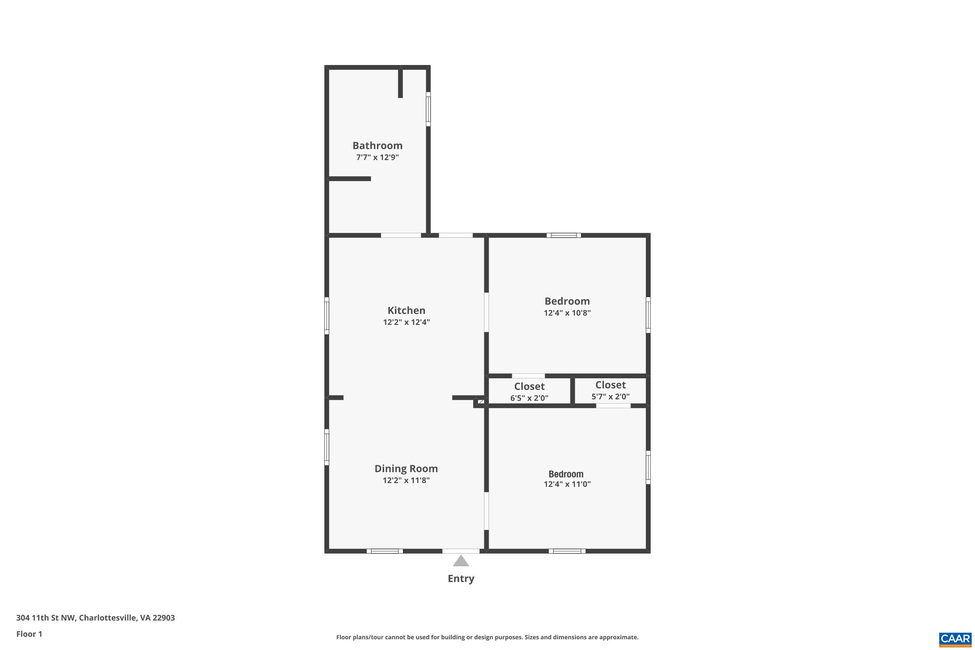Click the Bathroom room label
[x=377, y=146]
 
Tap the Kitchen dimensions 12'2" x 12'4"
[x=406, y=322]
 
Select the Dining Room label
[x=406, y=468]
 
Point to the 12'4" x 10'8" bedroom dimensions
[x=567, y=313]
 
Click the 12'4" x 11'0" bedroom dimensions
[x=567, y=484]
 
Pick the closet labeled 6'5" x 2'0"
[x=529, y=392]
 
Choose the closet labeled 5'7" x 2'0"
[x=610, y=390]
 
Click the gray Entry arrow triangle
[x=461, y=562]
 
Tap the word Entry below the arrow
[x=461, y=579]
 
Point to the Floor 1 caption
[x=29, y=634]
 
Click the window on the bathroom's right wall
[x=428, y=109]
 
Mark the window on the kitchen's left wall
[x=327, y=316]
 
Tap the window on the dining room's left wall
[x=327, y=447]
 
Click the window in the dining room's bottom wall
[x=384, y=551]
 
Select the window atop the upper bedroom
[x=563, y=235]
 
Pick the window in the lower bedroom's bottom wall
[x=567, y=551]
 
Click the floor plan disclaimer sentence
[x=487, y=637]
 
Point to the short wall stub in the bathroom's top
[x=400, y=83]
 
